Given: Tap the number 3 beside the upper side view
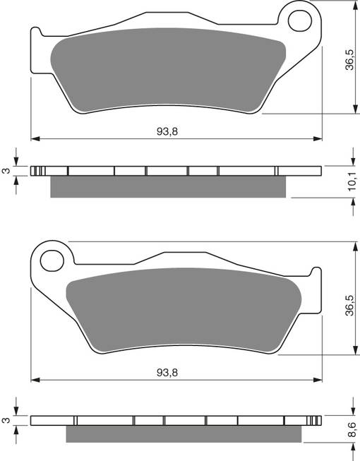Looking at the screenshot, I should click(5, 170).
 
